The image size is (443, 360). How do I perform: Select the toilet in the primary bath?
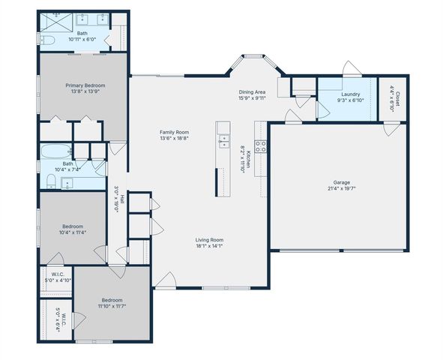tap(46, 39)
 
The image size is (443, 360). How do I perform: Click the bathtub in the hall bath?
tap(55, 150)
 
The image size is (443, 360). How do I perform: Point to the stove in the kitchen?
tap(261, 146)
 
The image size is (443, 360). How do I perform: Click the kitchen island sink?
tap(223, 139)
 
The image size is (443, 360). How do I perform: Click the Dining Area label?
tap(253, 91)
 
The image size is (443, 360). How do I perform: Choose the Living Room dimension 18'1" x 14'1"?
tap(209, 245)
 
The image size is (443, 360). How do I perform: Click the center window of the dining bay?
tap(256, 55)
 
